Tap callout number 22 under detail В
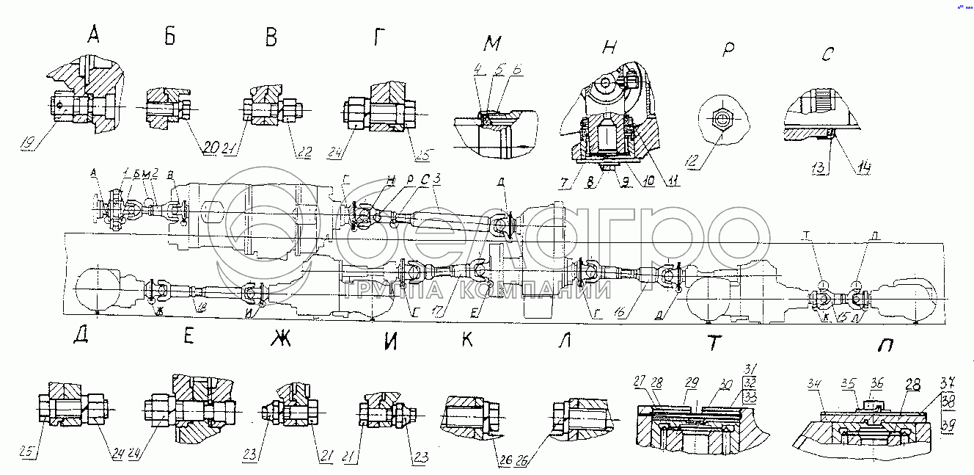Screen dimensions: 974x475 (x=304, y=153)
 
